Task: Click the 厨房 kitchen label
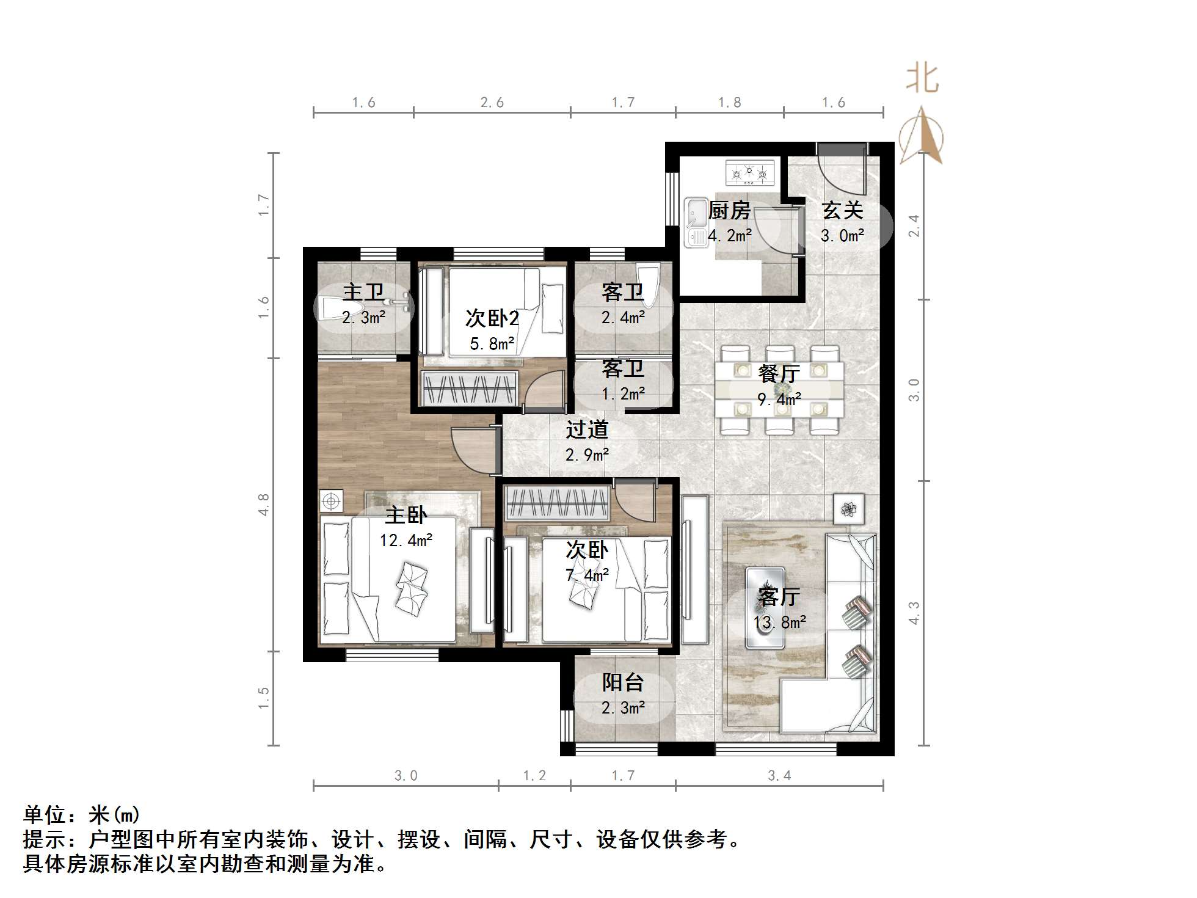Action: pyautogui.click(x=729, y=211)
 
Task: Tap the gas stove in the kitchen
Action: pyautogui.click(x=749, y=173)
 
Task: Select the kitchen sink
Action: pyautogui.click(x=695, y=222)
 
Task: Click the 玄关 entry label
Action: pyautogui.click(x=842, y=211)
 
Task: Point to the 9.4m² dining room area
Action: pyautogui.click(x=779, y=400)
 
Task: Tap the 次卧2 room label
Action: pyautogui.click(x=492, y=318)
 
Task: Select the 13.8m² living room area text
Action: pyautogui.click(x=779, y=622)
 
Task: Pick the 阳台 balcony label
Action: pyautogui.click(x=623, y=682)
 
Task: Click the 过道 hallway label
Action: pyautogui.click(x=587, y=430)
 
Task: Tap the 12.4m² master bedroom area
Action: pyautogui.click(x=406, y=541)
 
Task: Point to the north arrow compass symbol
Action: pyautogui.click(x=922, y=136)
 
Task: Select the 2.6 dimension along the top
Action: pyautogui.click(x=492, y=103)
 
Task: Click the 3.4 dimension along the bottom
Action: pyautogui.click(x=779, y=776)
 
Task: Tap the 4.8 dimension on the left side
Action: pyautogui.click(x=263, y=505)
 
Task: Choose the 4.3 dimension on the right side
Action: pyautogui.click(x=914, y=613)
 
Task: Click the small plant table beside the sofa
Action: pyautogui.click(x=848, y=508)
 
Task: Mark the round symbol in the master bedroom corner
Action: pyautogui.click(x=331, y=502)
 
